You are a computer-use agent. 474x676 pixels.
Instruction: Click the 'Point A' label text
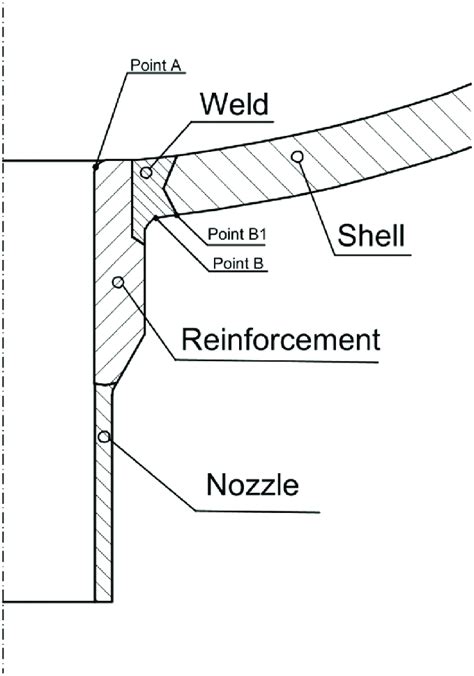156,66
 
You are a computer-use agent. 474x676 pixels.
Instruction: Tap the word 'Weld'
235,104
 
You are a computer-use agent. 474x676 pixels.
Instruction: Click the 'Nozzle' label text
253,487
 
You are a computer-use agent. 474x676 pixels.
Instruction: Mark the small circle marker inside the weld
146,172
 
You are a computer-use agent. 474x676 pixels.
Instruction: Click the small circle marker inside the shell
296,155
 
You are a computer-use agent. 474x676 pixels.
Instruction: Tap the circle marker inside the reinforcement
118,283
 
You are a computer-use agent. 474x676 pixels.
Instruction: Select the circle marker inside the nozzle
102,436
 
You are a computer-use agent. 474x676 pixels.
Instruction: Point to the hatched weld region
155,185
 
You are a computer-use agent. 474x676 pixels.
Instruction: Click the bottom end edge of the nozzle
102,601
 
